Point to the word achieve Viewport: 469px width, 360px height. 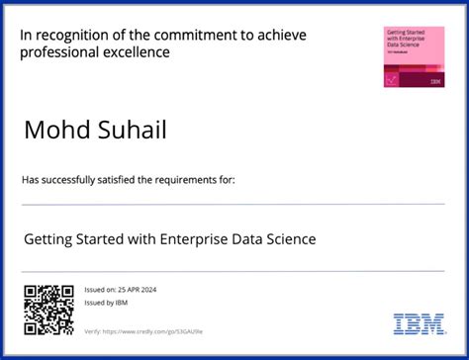281,36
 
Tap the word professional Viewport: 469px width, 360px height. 62,52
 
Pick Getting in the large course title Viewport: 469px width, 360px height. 47,239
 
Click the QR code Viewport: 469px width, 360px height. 48,310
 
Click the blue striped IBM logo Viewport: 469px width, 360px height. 419,323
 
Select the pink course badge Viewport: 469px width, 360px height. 414,56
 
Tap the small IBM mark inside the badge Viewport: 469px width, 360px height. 435,81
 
